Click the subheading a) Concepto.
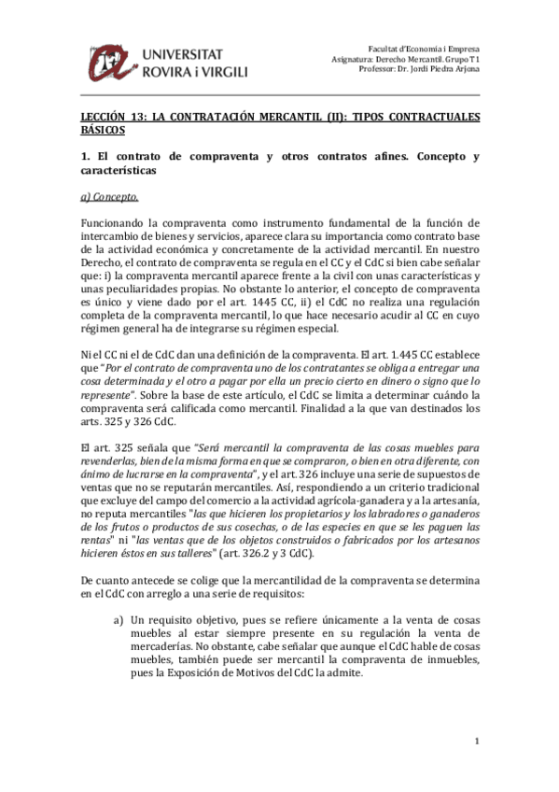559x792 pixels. [109, 196]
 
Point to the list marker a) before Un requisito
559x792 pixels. [119, 618]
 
